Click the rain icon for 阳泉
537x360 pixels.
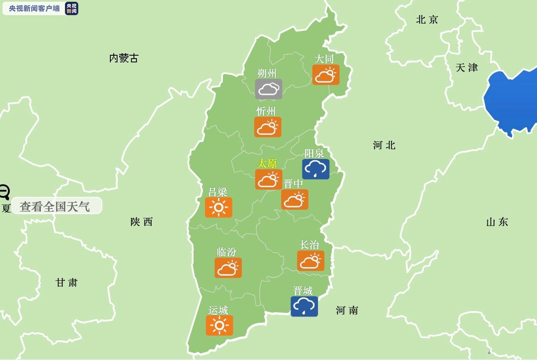(315, 169)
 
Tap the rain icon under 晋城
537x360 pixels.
(304, 306)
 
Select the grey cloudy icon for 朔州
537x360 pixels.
(268, 89)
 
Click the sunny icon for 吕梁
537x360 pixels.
(219, 207)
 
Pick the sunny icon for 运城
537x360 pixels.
(219, 325)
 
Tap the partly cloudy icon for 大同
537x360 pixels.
(326, 75)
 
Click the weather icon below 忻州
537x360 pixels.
(267, 127)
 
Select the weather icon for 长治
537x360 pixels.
(310, 261)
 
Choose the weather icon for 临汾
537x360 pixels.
(228, 268)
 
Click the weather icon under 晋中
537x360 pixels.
(294, 199)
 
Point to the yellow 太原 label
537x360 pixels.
(267, 163)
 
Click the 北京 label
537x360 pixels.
(427, 19)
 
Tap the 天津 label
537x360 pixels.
(467, 67)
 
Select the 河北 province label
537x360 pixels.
(384, 145)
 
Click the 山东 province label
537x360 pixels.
(497, 222)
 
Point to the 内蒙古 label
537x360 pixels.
(123, 58)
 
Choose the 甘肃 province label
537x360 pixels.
(67, 282)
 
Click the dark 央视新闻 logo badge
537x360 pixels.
(72, 8)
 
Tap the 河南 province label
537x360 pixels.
(347, 311)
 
